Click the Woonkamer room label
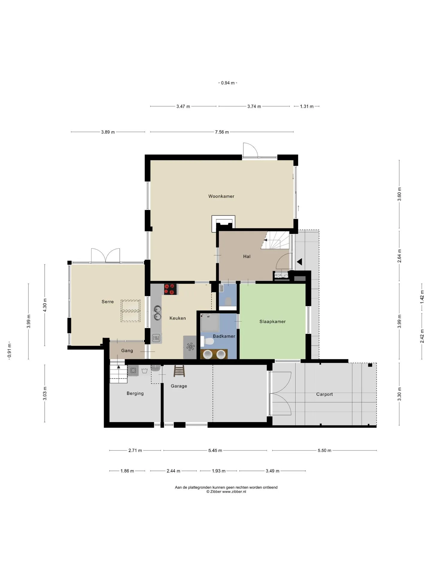tap(221, 196)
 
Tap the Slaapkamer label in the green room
tap(272, 322)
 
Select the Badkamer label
tap(224, 336)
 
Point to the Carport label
tap(324, 394)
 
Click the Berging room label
tap(135, 393)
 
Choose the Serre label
tap(107, 302)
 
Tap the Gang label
tap(127, 351)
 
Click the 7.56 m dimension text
tap(222, 132)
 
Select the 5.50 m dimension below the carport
tap(324, 451)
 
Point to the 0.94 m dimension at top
tap(228, 83)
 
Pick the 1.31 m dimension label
tap(307, 106)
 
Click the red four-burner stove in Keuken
tap(170, 289)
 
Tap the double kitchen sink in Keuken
tap(157, 312)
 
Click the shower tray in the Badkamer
tap(210, 323)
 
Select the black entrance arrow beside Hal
tap(299, 262)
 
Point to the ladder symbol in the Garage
tap(179, 371)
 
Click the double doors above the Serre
tap(105, 256)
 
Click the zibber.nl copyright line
tap(226, 491)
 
